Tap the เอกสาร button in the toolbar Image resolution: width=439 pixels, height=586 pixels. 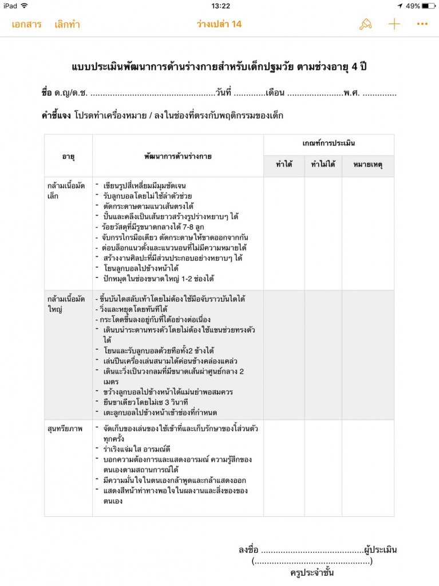(x=26, y=25)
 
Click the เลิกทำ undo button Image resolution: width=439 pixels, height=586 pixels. (x=67, y=25)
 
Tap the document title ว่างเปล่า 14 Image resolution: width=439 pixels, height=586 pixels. (x=219, y=25)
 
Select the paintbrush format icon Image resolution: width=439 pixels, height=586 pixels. (x=365, y=24)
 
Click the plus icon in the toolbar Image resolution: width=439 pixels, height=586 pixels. (x=394, y=24)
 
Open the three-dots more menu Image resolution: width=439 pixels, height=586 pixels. (x=422, y=24)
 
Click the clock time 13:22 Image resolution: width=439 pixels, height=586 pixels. (x=220, y=6)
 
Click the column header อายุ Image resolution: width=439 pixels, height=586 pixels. (x=69, y=156)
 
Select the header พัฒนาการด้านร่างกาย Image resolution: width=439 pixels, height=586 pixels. (x=177, y=156)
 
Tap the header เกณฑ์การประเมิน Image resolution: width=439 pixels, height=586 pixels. (x=329, y=144)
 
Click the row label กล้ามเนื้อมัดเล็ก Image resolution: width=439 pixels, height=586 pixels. (x=65, y=191)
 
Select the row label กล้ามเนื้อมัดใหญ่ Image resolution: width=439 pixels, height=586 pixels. (x=65, y=304)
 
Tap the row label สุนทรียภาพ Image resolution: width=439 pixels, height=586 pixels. (x=65, y=427)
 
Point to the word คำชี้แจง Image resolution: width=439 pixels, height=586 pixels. (x=56, y=116)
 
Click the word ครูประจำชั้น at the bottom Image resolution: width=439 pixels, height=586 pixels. (x=312, y=573)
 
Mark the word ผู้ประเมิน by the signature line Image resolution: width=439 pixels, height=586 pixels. (x=380, y=550)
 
